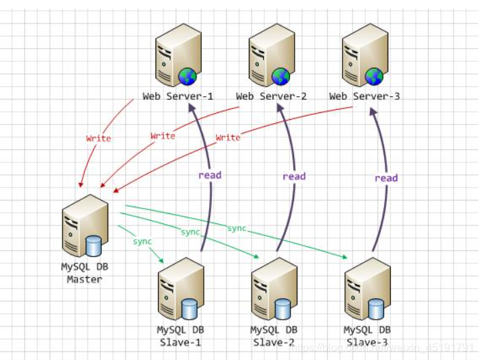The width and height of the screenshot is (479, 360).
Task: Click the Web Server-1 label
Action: (x=178, y=96)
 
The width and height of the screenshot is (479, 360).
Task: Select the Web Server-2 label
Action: (x=271, y=96)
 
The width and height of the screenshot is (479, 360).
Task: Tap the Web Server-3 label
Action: (x=365, y=96)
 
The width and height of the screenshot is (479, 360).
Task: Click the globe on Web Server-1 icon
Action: (x=187, y=76)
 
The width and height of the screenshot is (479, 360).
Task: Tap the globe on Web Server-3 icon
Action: (x=374, y=76)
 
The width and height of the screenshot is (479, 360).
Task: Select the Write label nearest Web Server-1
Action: (x=98, y=139)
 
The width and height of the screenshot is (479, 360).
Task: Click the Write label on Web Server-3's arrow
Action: (x=227, y=137)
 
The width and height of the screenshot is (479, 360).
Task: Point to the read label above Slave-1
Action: (x=209, y=175)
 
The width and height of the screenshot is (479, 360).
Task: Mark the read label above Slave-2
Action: (x=294, y=176)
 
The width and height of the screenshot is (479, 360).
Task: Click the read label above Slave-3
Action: (x=386, y=178)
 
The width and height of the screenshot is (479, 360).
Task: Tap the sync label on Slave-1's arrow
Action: (x=143, y=241)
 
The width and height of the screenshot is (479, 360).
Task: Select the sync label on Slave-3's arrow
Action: (x=237, y=229)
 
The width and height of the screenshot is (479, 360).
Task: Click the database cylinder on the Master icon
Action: (x=93, y=246)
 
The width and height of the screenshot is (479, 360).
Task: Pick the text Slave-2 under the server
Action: (x=273, y=343)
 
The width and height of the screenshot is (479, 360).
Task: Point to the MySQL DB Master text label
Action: (x=84, y=273)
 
